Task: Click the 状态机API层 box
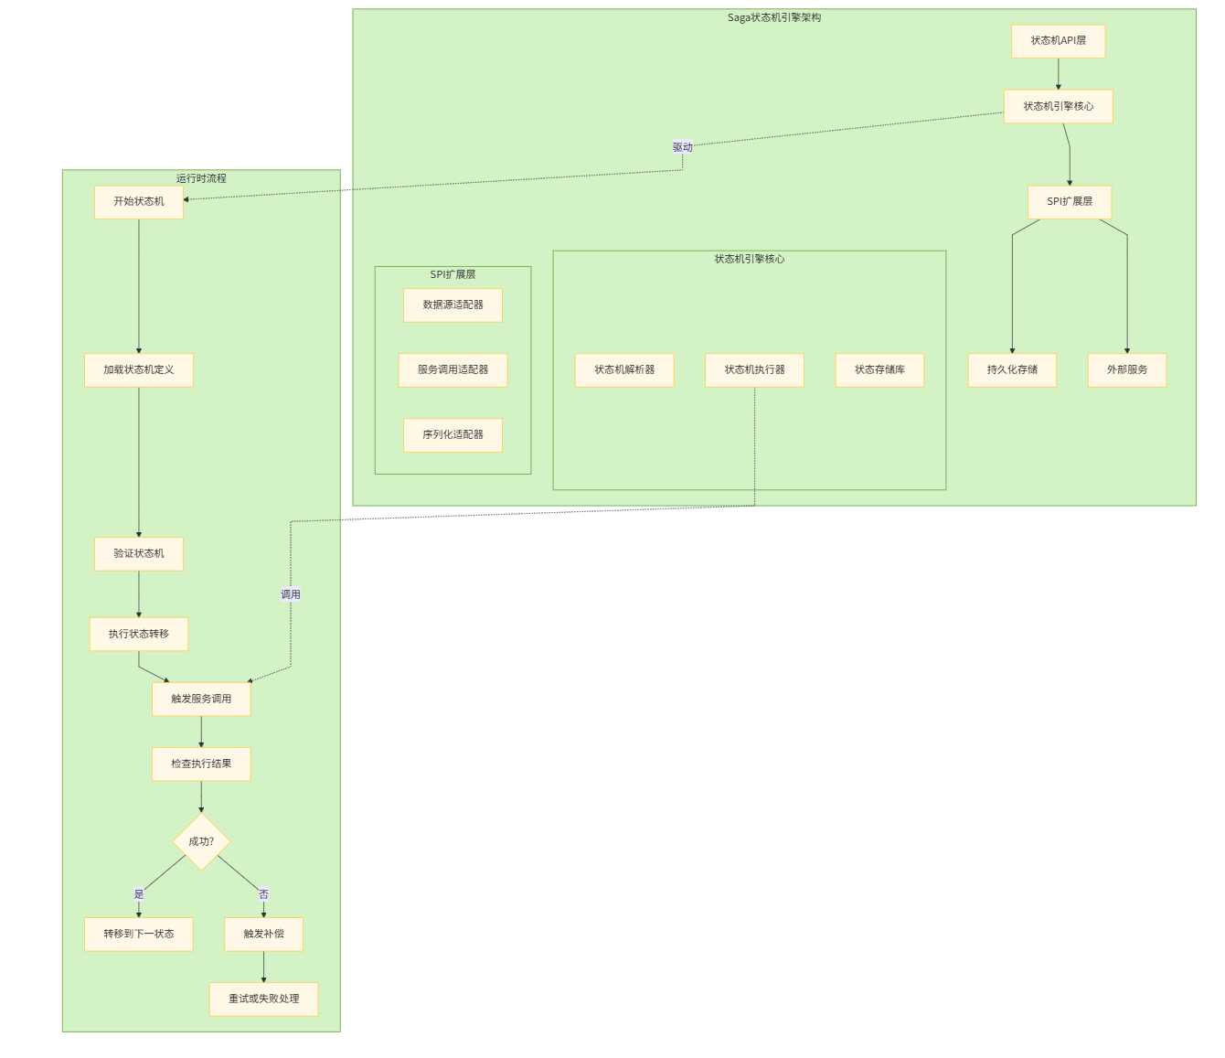(1058, 41)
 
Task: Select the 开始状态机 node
(139, 202)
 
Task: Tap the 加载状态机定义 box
(139, 370)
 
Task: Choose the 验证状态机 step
(139, 554)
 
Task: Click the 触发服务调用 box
(201, 700)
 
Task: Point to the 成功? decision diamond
(201, 841)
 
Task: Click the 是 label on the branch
(139, 894)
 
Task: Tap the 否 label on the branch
(263, 894)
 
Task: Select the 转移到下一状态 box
(139, 935)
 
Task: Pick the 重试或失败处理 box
(263, 999)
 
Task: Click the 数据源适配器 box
(453, 305)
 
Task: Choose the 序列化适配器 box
(453, 435)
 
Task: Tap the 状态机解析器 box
(624, 370)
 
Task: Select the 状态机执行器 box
(754, 370)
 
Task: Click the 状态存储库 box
(879, 370)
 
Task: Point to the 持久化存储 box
(1012, 370)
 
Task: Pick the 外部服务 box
(1127, 370)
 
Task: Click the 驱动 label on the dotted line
(683, 147)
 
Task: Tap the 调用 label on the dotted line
(291, 594)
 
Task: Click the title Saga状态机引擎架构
(774, 17)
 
